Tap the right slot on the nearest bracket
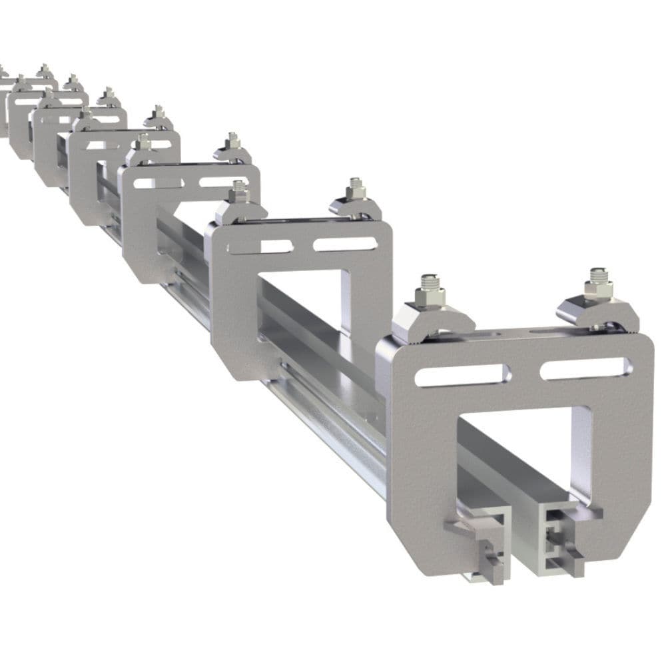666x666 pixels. coord(585,368)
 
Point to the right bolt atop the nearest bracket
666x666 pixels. coord(597,284)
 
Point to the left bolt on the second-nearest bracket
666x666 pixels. coord(239,192)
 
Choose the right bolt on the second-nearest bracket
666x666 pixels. coord(354,189)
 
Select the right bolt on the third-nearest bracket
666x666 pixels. coord(232,142)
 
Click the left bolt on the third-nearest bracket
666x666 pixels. coord(141,141)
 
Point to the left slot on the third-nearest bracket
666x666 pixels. coord(154,182)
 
